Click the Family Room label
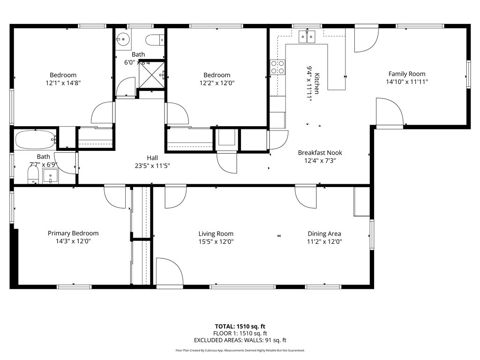click(406, 74)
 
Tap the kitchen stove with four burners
click(277, 67)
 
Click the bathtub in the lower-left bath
click(35, 139)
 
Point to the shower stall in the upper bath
click(152, 74)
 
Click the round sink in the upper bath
click(123, 39)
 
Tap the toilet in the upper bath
click(154, 41)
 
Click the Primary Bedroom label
click(73, 233)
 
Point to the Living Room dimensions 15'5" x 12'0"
click(216, 242)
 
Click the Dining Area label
click(324, 233)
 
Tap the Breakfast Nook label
click(320, 152)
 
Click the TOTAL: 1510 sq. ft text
click(240, 326)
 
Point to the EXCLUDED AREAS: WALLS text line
click(240, 340)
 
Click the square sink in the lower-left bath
click(50, 176)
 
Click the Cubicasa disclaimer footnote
click(240, 350)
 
